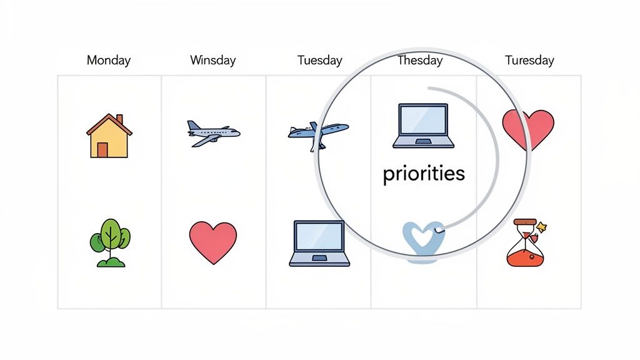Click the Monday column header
[109, 61]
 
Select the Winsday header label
[213, 61]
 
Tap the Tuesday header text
[320, 61]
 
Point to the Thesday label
[420, 61]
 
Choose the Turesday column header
[529, 61]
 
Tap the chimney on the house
[119, 119]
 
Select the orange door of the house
[102, 150]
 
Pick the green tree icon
[110, 242]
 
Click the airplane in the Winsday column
[212, 132]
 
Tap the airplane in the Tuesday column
[317, 134]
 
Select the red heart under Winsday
[213, 242]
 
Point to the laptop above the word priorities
[423, 126]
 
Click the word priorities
[424, 173]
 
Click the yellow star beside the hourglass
[542, 227]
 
